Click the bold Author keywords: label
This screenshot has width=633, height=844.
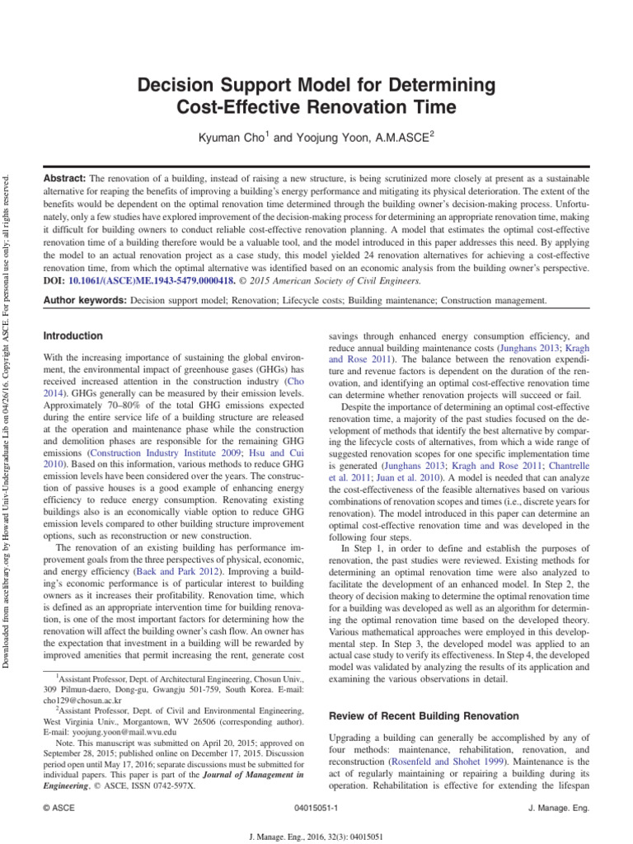[84, 302]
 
